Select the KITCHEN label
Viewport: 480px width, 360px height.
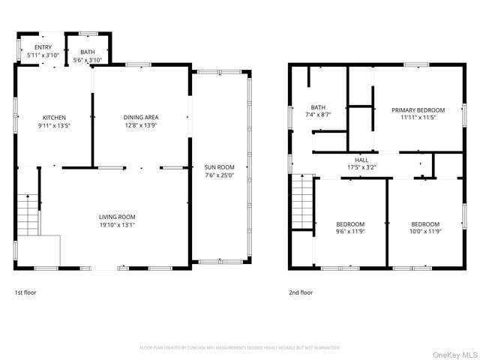pyautogui.click(x=54, y=118)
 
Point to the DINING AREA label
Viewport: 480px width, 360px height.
pyautogui.click(x=141, y=117)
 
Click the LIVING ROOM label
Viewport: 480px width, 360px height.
pyautogui.click(x=118, y=217)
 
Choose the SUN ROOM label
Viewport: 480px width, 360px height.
pyautogui.click(x=220, y=167)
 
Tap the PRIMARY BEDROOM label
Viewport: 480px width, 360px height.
pyautogui.click(x=418, y=109)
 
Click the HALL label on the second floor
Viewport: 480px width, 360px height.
pyautogui.click(x=361, y=160)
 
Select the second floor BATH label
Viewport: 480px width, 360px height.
pyautogui.click(x=318, y=107)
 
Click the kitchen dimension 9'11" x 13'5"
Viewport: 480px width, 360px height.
pyautogui.click(x=54, y=125)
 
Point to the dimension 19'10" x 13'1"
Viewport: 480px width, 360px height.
pyautogui.click(x=118, y=224)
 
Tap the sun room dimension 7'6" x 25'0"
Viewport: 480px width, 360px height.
pyautogui.click(x=220, y=175)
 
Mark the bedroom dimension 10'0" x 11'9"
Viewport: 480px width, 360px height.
pyautogui.click(x=425, y=232)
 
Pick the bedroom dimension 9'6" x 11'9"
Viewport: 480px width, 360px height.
pyautogui.click(x=350, y=232)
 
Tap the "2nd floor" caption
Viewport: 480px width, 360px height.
pyautogui.click(x=301, y=292)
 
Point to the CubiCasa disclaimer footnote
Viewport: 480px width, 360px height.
pyautogui.click(x=240, y=347)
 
